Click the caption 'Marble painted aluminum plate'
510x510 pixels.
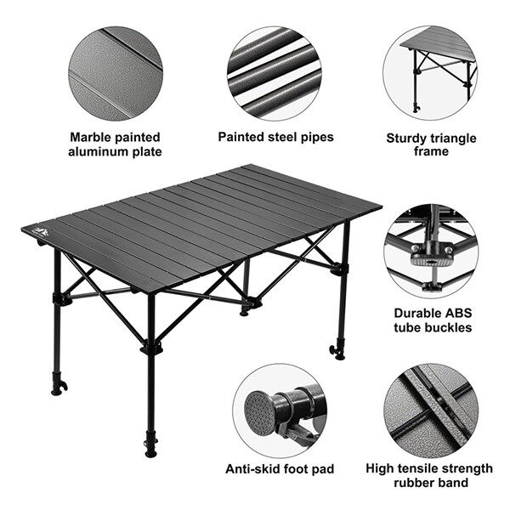tap(115, 144)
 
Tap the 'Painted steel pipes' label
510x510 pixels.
tap(275, 136)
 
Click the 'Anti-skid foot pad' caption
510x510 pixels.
tap(280, 468)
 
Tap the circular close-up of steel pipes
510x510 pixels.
tap(275, 72)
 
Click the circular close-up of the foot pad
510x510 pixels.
tap(279, 406)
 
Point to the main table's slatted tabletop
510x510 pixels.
tap(204, 221)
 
